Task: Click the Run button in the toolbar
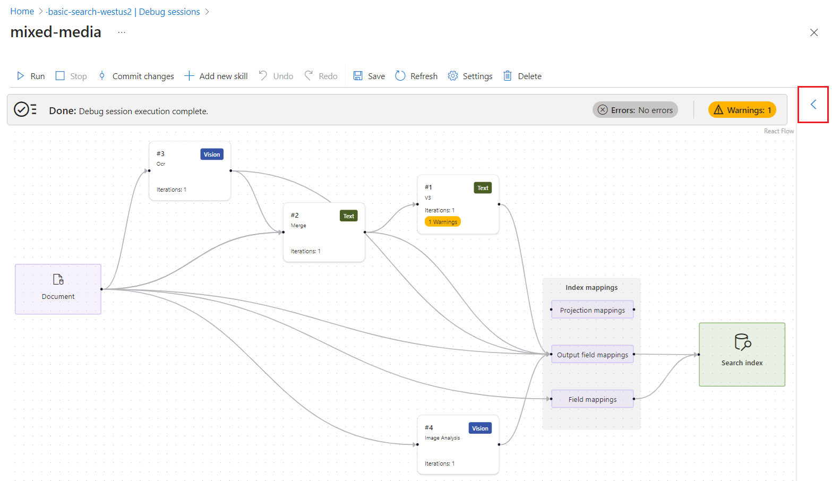click(31, 76)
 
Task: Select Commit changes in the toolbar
click(136, 76)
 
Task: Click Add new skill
click(216, 76)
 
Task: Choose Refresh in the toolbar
click(416, 76)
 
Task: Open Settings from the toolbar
click(470, 76)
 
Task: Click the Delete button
click(522, 76)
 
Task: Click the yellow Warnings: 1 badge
click(742, 110)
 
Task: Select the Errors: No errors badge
click(635, 110)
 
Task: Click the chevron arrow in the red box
click(813, 105)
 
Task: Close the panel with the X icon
click(813, 33)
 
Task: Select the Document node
click(58, 289)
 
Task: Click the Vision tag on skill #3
click(212, 154)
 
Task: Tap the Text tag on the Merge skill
click(348, 216)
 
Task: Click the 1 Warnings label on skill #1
click(443, 222)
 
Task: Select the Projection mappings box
click(592, 310)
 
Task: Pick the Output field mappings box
click(592, 355)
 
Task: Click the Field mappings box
click(592, 399)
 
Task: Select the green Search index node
click(741, 354)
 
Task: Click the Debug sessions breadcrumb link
click(169, 12)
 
